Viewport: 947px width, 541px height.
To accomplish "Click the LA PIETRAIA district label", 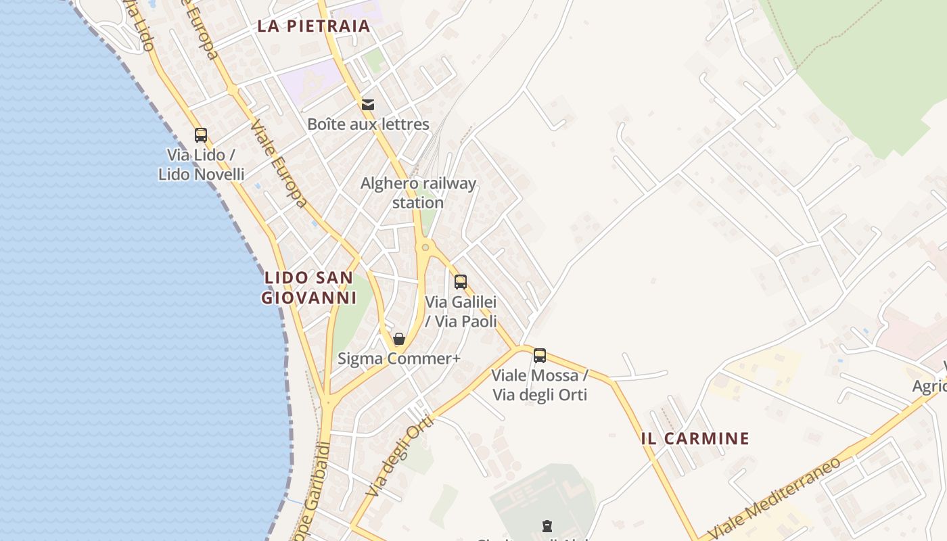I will (x=314, y=26).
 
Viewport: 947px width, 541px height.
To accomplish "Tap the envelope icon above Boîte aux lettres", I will (x=368, y=105).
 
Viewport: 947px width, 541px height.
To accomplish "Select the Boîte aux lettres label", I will (x=368, y=124).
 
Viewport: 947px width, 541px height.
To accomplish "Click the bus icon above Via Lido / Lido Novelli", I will (x=201, y=135).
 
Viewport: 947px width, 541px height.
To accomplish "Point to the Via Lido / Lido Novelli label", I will (x=201, y=164).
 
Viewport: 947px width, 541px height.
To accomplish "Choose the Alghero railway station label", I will (x=418, y=193).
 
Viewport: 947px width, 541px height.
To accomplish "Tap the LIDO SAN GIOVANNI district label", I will (x=308, y=287).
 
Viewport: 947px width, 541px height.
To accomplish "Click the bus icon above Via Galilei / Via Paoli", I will (x=461, y=282).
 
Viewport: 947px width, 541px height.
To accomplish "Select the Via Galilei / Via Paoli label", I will (x=461, y=312).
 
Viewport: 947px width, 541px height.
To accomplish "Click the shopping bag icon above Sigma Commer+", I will (x=399, y=339).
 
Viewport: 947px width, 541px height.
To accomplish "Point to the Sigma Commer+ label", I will (x=399, y=358).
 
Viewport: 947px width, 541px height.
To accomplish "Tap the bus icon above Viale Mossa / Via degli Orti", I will (x=540, y=355).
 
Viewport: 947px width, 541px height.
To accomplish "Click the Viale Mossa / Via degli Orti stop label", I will (x=540, y=385).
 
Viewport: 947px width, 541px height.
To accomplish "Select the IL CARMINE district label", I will (x=695, y=438).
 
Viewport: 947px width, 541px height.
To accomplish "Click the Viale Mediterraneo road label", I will (x=777, y=499).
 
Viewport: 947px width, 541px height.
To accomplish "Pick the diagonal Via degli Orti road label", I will (x=401, y=456).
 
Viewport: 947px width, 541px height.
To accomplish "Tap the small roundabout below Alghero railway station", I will (x=425, y=248).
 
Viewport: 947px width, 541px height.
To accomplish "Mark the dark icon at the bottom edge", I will (x=547, y=525).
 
